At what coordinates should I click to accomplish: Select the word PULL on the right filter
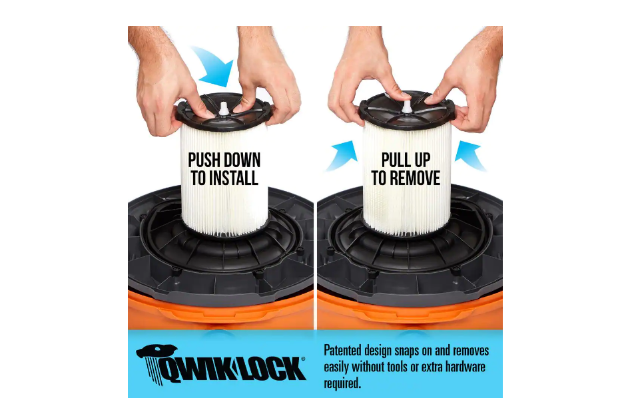[x=395, y=160]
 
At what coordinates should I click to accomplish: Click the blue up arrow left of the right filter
[x=341, y=155]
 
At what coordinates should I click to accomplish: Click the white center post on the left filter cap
[x=223, y=108]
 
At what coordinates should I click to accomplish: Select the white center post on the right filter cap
[x=406, y=106]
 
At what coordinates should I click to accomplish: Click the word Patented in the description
[x=342, y=351]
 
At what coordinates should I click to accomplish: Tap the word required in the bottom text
[x=342, y=383]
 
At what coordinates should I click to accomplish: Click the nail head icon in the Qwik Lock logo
[x=157, y=351]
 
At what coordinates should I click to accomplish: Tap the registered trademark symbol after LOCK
[x=303, y=359]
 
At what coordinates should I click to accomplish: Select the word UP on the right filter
[x=422, y=160]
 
